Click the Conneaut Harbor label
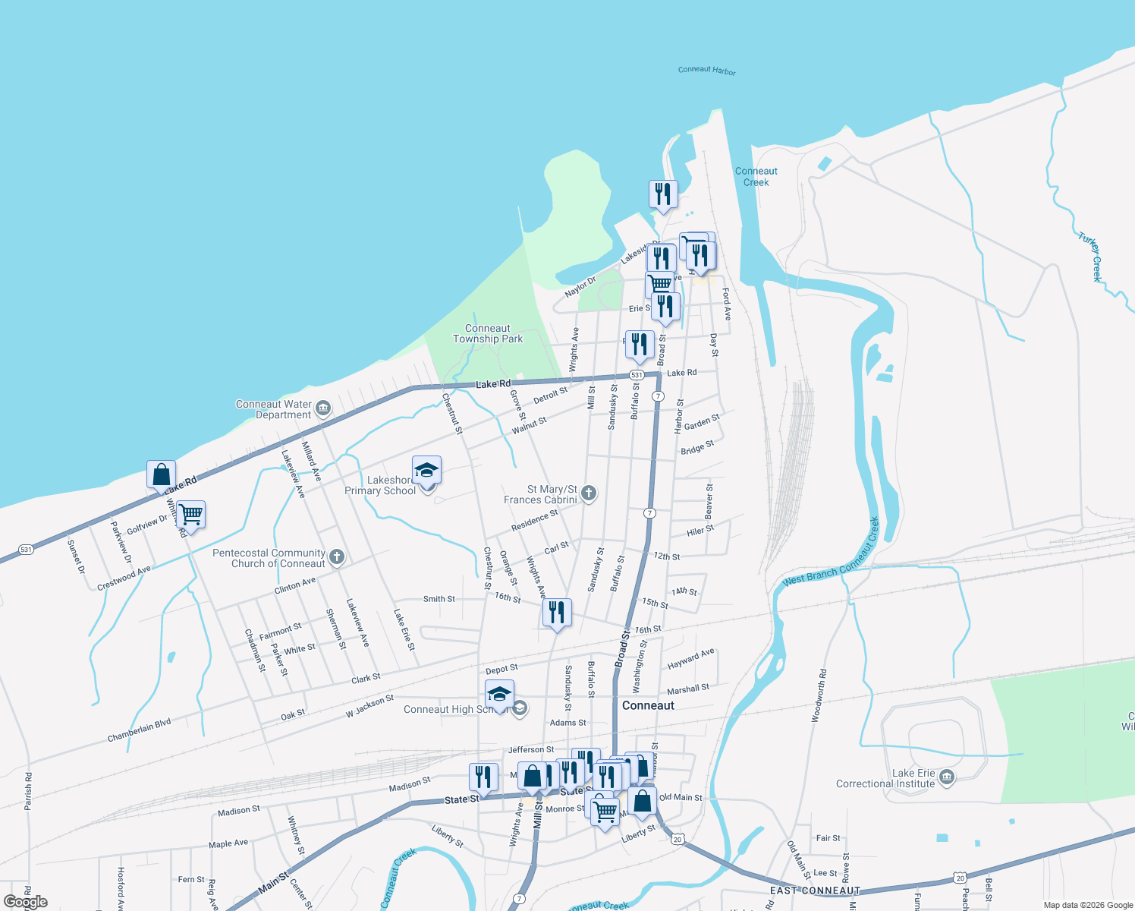[706, 71]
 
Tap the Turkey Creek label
[1091, 257]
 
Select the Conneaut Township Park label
[488, 334]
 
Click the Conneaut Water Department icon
[323, 409]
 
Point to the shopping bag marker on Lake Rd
[161, 475]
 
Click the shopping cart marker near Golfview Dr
[191, 515]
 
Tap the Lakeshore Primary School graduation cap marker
[426, 471]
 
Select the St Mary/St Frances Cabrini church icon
[589, 494]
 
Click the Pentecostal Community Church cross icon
[337, 558]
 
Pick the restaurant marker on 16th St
[558, 612]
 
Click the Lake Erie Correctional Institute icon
[946, 777]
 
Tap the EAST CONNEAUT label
[815, 891]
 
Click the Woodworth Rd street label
[819, 695]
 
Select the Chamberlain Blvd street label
[139, 730]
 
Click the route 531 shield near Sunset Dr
[26, 549]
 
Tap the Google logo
[26, 902]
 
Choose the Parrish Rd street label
[28, 791]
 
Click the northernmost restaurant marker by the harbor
[664, 194]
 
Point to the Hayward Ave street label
[690, 658]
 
